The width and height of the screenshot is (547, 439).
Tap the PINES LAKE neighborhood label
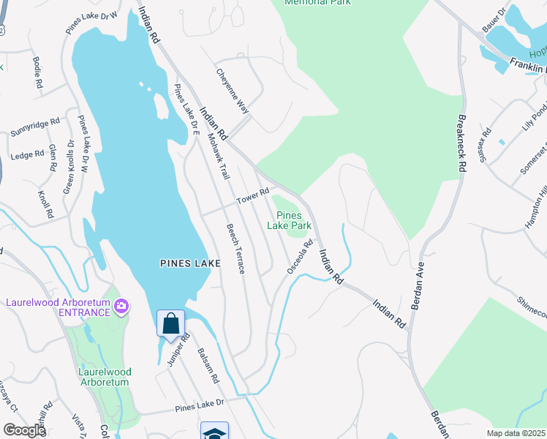click(185, 262)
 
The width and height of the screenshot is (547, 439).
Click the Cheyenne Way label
click(233, 91)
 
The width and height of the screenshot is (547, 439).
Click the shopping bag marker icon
click(170, 323)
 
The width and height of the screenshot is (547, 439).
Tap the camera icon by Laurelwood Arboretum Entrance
click(121, 306)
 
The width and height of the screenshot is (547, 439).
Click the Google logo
click(24, 430)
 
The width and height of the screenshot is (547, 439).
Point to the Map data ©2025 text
click(516, 433)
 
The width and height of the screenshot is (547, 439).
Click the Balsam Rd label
click(207, 365)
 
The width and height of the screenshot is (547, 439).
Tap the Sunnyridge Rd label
click(35, 128)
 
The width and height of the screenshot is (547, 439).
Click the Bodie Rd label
click(37, 72)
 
